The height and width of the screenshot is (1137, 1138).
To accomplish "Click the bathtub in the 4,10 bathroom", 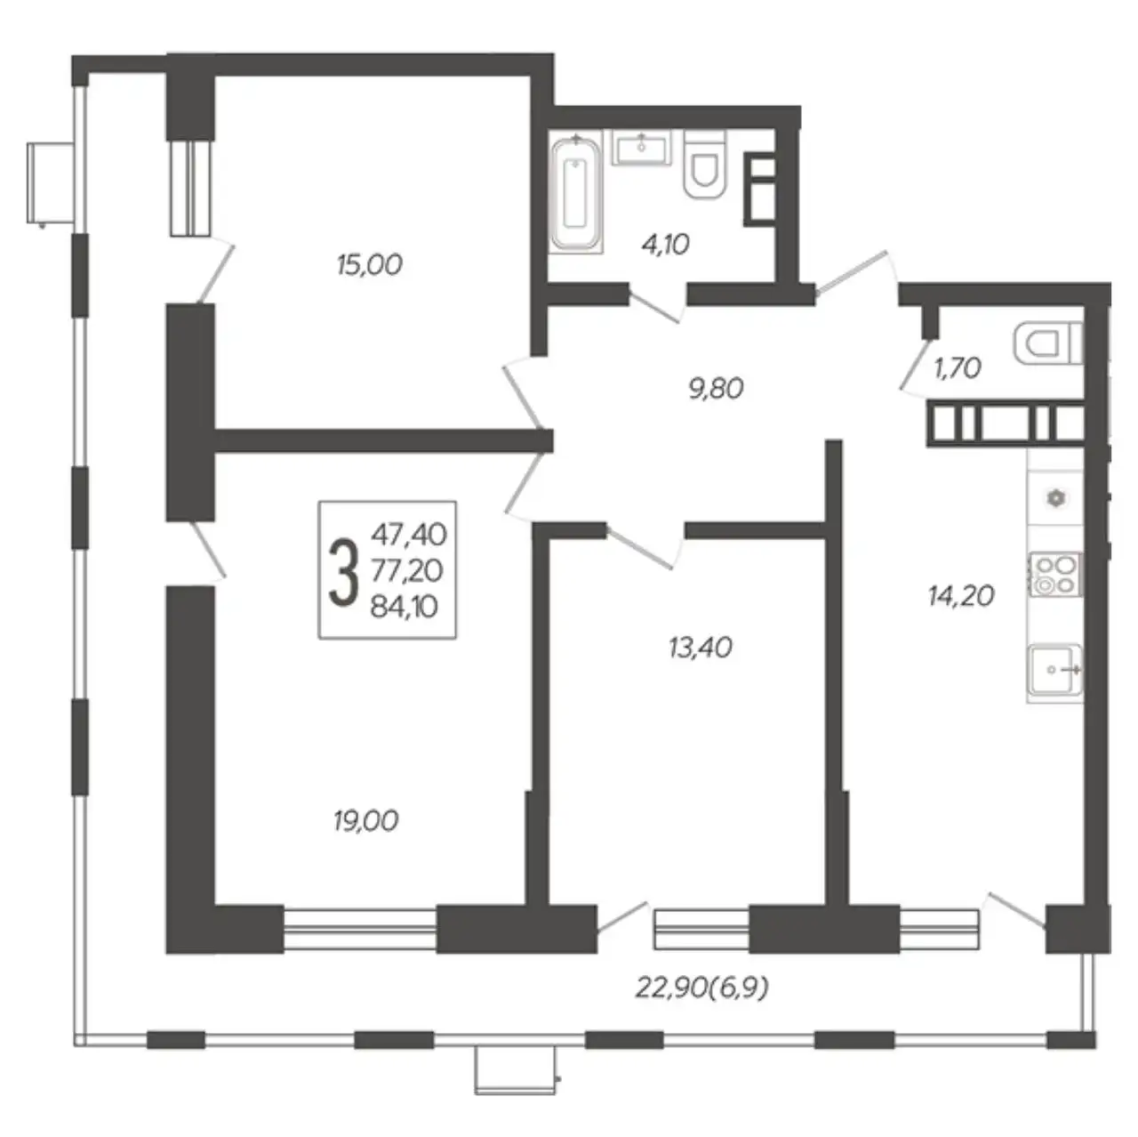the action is [576, 193].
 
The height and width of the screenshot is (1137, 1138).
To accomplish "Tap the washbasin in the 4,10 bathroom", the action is [641, 148].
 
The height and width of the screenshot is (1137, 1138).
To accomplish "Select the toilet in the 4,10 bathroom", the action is [704, 164].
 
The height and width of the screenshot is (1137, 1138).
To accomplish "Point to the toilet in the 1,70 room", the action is [1049, 343].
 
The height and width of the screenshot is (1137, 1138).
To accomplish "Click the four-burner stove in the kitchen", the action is [1056, 574].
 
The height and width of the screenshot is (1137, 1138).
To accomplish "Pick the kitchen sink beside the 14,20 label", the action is [1056, 670].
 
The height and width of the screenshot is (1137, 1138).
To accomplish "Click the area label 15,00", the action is [370, 265].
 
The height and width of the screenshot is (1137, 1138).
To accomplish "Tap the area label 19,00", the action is [366, 821].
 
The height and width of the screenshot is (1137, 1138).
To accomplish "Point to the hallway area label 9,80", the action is [717, 389].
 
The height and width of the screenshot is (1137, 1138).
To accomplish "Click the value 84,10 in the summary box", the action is [405, 607].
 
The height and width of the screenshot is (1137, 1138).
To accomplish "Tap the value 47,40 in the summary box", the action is [409, 535].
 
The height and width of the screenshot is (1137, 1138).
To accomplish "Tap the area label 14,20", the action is [961, 596].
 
